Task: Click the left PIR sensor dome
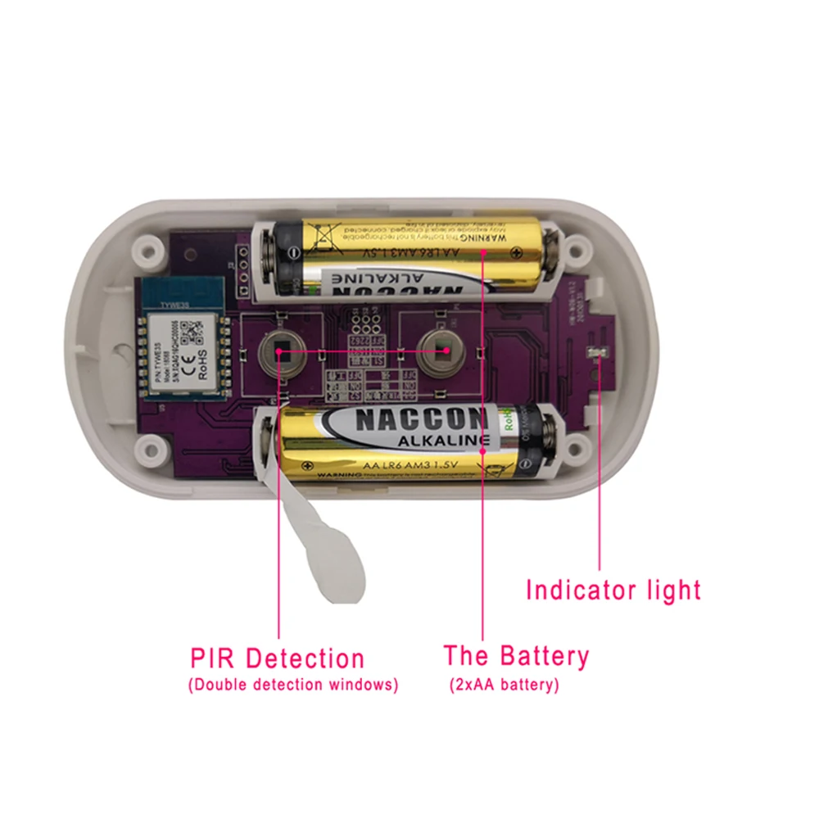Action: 278,351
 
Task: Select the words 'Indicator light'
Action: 613,590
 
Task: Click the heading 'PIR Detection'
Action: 277,658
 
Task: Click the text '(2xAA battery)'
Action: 504,685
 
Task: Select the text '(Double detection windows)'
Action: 293,685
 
